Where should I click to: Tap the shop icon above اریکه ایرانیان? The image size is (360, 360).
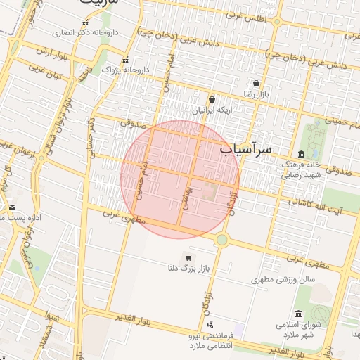click(212, 100)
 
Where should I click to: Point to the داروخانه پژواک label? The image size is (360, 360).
click(126, 70)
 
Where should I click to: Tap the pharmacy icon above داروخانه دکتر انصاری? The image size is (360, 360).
click(86, 23)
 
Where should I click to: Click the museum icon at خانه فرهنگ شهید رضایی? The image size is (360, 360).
click(302, 154)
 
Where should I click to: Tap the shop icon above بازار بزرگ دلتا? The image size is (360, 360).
click(188, 257)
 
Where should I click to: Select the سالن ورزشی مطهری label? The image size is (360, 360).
click(283, 280)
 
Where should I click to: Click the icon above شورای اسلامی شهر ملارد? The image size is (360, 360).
click(298, 314)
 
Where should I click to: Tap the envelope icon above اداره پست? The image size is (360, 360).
click(13, 207)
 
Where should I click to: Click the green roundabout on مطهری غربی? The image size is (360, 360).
click(222, 240)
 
